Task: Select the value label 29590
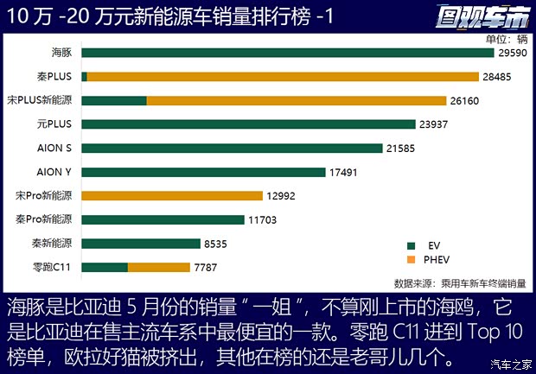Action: point(511,53)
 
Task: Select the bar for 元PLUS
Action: point(248,124)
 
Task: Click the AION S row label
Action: point(54,149)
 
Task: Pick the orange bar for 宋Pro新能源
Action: point(172,196)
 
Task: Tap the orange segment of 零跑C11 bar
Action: point(158,268)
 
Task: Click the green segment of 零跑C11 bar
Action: point(105,268)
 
